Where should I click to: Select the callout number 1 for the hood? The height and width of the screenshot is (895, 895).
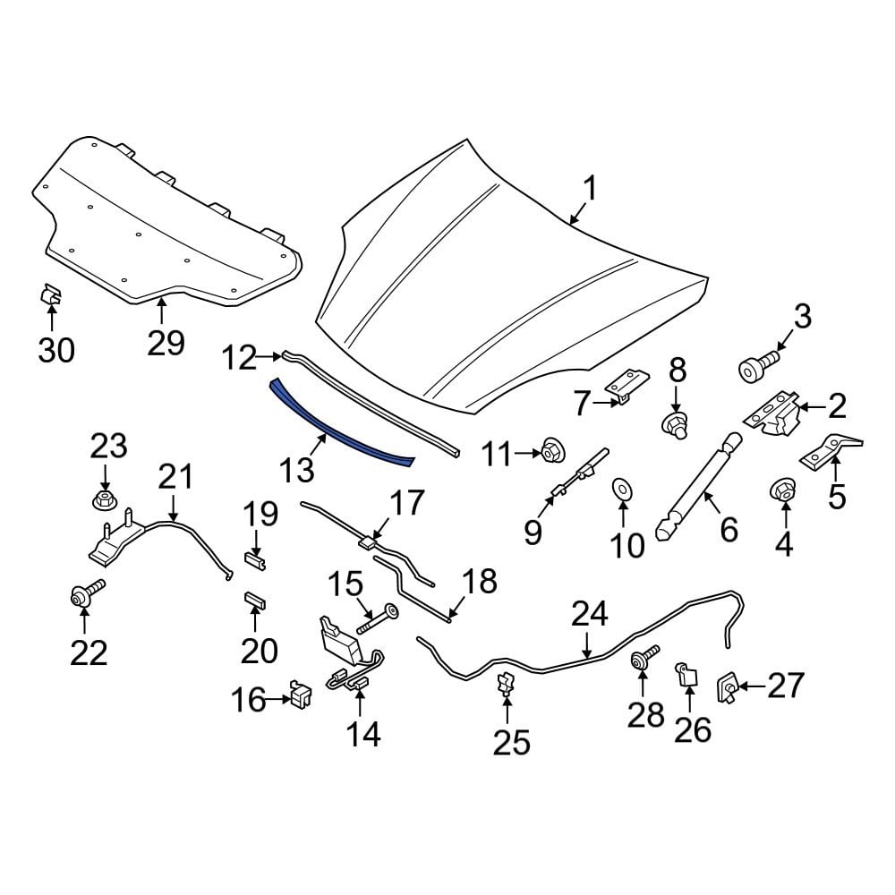tap(589, 189)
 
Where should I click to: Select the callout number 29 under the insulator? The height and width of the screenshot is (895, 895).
tap(166, 343)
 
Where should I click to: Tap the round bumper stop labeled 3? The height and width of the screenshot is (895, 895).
tap(755, 367)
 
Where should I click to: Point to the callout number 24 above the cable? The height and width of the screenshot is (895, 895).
tap(590, 615)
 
